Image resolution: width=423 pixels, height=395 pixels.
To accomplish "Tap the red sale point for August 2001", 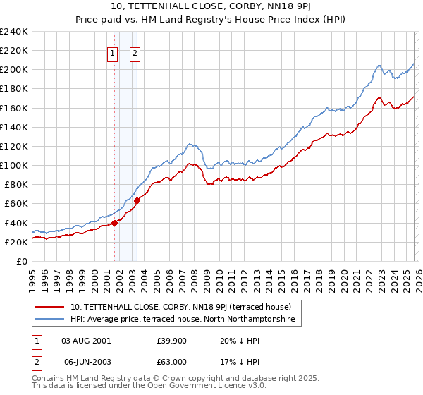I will pyautogui.click(x=114, y=223).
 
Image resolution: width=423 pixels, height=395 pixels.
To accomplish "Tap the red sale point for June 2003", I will pyautogui.click(x=137, y=200).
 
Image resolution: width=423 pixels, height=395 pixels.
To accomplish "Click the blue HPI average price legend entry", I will pyautogui.click(x=185, y=320).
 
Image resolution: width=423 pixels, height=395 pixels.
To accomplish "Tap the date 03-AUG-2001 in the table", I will pyautogui.click(x=86, y=340).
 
